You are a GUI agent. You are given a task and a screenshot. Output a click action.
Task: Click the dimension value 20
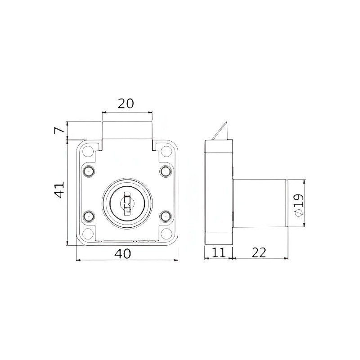click(x=126, y=103)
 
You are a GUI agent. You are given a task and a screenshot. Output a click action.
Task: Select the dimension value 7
click(x=59, y=130)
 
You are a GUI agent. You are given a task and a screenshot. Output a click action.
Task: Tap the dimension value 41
click(x=59, y=190)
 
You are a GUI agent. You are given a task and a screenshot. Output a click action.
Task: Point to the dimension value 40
click(x=123, y=254)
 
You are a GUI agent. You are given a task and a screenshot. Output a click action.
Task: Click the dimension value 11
click(x=218, y=252)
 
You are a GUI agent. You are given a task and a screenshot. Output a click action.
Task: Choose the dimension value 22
click(x=259, y=252)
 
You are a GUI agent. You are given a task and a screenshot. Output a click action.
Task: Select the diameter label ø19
click(x=298, y=205)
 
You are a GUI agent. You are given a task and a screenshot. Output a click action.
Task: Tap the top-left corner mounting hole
click(x=88, y=151)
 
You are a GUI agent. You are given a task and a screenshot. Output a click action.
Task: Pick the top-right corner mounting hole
click(x=166, y=151)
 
